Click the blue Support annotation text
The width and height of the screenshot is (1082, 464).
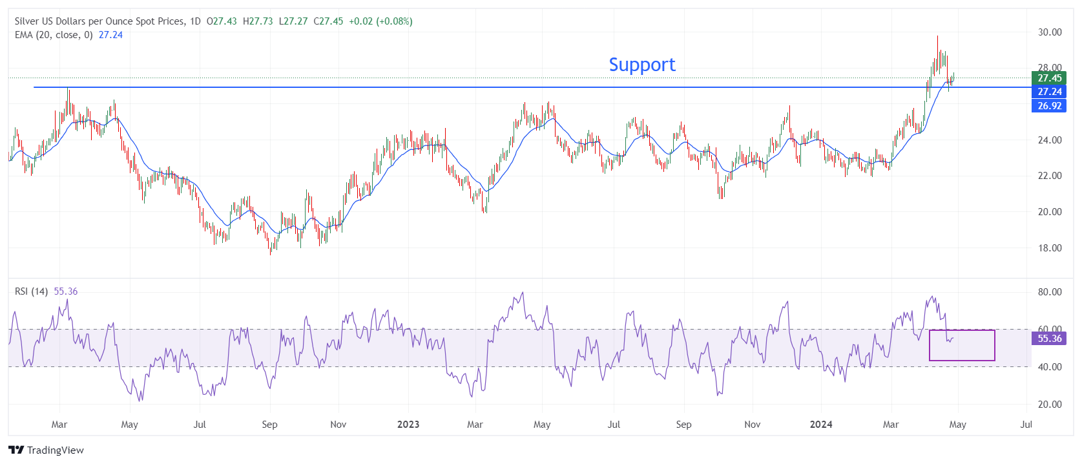641,65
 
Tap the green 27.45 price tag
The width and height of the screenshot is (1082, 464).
1049,78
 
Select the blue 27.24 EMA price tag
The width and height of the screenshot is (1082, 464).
1049,92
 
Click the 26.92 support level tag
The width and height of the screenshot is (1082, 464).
1049,106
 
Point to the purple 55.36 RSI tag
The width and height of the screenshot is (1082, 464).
1049,339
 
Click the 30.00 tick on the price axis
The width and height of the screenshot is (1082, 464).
1050,32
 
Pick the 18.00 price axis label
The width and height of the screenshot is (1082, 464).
1050,248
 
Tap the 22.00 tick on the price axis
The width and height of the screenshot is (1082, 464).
1050,176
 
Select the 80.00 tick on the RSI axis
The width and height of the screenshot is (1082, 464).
1050,292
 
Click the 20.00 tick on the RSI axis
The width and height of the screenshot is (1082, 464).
1050,405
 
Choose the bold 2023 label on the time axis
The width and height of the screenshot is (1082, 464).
408,425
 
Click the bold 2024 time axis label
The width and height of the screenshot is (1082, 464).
821,425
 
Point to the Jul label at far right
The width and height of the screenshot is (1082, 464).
1026,425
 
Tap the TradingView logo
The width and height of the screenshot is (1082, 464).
46,450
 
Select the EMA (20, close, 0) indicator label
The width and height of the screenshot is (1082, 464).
54,35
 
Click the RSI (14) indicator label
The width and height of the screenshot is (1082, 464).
32,291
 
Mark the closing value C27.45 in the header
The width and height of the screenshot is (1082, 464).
328,21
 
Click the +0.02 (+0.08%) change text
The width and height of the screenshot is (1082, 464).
380,21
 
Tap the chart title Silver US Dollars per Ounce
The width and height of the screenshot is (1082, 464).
99,21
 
